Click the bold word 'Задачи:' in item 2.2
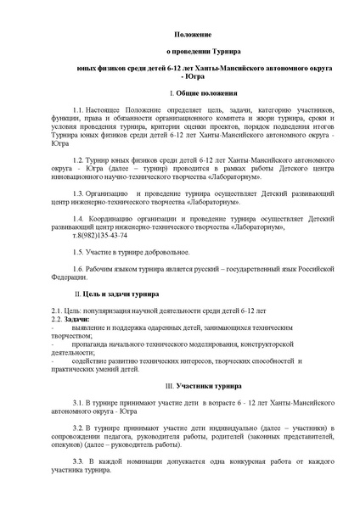[82, 317]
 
